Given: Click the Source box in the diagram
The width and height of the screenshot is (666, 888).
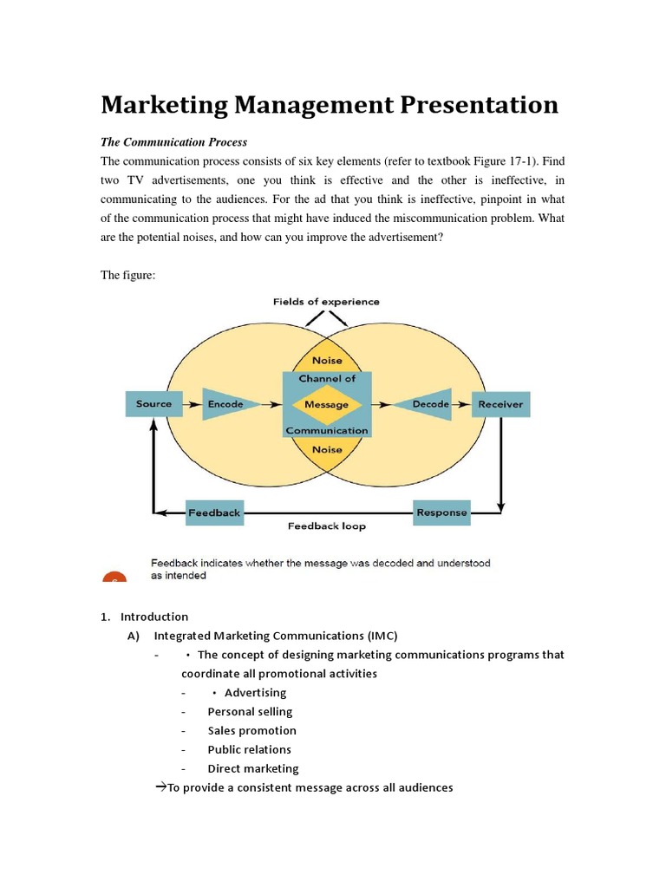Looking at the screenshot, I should [154, 404].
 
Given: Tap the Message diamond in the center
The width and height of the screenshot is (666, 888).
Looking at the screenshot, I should [326, 404].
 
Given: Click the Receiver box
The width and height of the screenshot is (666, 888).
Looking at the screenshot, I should [500, 404].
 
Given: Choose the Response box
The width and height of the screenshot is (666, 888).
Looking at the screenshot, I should [441, 512].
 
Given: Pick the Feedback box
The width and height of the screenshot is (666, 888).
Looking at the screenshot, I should [214, 513].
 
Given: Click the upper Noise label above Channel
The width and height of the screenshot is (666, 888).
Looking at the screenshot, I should [326, 360].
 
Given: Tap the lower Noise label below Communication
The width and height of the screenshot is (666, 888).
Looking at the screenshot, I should [326, 449].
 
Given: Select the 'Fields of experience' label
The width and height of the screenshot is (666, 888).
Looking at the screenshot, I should [326, 302].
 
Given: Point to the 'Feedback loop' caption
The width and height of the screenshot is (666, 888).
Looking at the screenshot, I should [327, 526].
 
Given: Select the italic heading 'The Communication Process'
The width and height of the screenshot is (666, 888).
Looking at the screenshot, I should [173, 142].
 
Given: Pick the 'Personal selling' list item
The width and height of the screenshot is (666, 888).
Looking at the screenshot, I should [250, 711].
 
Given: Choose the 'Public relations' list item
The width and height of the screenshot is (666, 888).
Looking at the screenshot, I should [249, 749].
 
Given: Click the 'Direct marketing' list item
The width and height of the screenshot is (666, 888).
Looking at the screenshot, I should [252, 768].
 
